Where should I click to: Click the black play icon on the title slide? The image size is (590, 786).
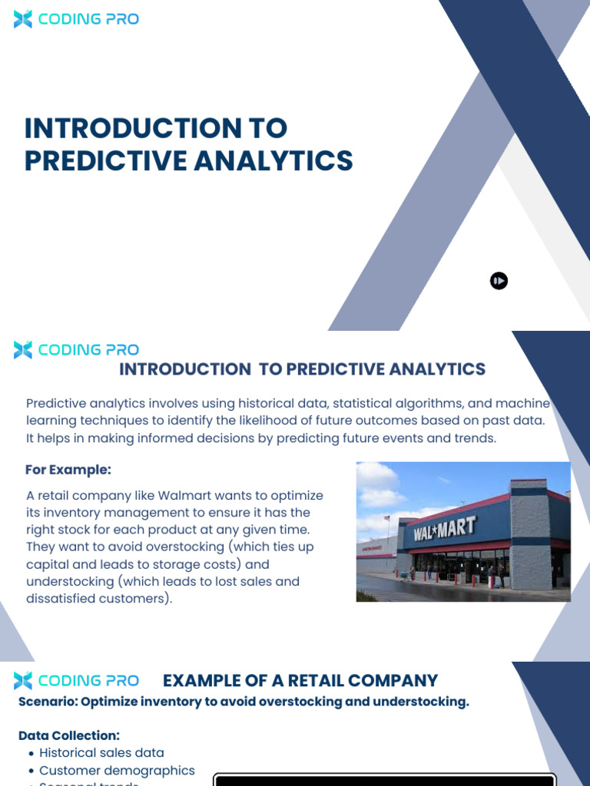click(499, 281)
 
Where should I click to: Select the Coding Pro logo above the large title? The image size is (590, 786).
click(76, 19)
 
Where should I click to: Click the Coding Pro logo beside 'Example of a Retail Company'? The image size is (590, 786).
click(76, 681)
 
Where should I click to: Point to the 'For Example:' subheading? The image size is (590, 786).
click(68, 470)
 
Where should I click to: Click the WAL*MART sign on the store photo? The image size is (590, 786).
click(445, 529)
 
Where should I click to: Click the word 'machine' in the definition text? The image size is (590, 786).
click(525, 404)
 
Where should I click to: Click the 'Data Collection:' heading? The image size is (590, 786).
click(69, 735)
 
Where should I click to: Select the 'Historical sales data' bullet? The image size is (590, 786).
click(101, 753)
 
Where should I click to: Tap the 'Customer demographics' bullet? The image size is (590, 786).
click(117, 770)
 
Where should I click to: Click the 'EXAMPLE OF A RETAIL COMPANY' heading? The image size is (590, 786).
click(300, 681)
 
